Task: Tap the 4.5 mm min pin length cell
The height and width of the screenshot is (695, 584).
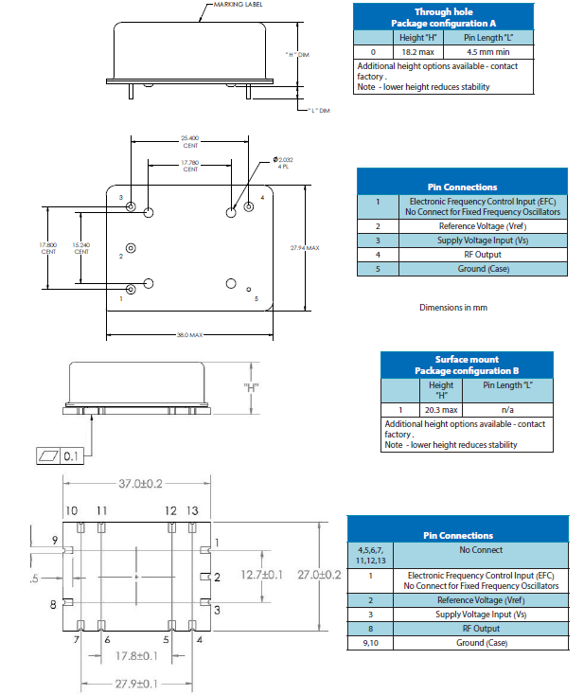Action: [x=485, y=52]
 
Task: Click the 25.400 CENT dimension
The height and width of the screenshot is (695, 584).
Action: [x=189, y=140]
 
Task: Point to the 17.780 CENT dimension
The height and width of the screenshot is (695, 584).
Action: [x=190, y=167]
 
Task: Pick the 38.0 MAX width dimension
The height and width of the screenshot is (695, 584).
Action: [x=189, y=334]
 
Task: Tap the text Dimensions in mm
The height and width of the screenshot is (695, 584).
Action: [x=452, y=308]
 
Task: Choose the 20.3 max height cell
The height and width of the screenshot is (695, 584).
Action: [x=441, y=410]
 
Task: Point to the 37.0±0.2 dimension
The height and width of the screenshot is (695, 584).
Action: [x=140, y=484]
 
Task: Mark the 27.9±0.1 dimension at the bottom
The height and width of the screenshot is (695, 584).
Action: [x=136, y=684]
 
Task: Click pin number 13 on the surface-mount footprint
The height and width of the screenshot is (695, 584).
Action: [x=192, y=511]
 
